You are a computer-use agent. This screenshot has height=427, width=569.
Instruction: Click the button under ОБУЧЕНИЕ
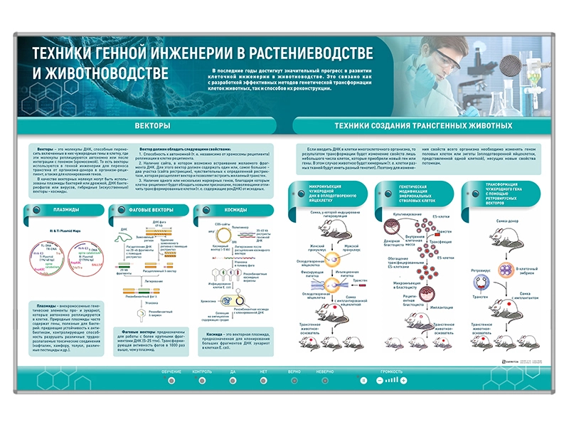tap(171, 381)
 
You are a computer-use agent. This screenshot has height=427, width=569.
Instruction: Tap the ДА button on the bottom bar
tap(233, 381)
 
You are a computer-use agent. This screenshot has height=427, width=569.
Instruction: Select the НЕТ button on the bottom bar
tap(263, 381)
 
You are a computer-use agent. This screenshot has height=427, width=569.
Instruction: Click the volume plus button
tap(404, 381)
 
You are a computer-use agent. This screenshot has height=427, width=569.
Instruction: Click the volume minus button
tap(377, 381)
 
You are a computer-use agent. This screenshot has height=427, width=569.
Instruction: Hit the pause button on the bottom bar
tap(363, 381)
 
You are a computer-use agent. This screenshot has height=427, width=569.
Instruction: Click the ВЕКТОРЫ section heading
tap(152, 125)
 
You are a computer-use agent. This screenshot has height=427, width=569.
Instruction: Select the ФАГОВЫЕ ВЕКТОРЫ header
tap(151, 211)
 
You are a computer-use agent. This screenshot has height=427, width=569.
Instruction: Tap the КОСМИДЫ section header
tap(235, 211)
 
